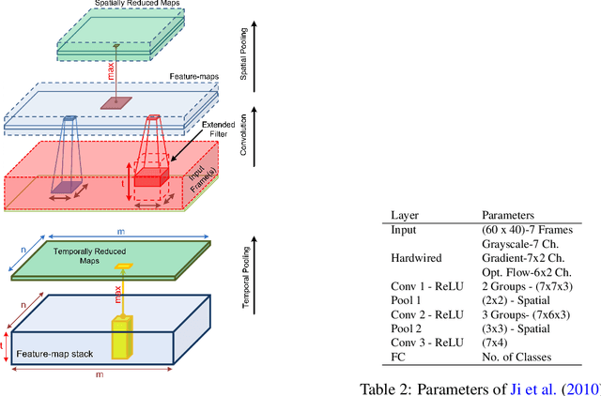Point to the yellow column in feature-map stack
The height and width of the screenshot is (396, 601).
point(124,335)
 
